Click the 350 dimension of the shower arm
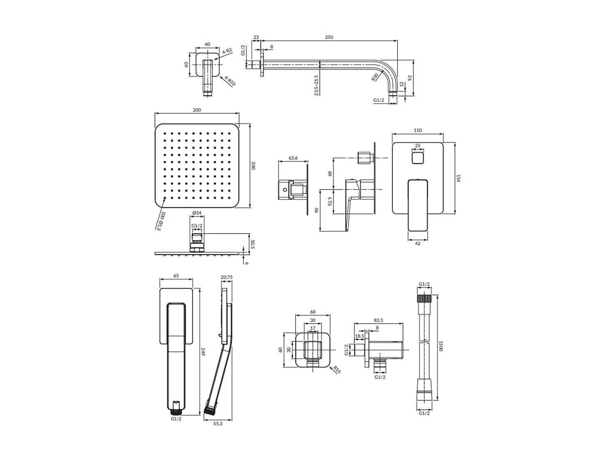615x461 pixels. [x=329, y=37]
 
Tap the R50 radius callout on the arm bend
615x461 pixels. [x=375, y=78]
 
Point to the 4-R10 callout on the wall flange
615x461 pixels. [x=230, y=81]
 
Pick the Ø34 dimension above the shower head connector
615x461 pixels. [x=197, y=213]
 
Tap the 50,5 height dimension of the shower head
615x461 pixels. [x=252, y=245]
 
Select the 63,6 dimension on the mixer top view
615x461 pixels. [x=293, y=158]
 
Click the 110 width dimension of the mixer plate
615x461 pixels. [x=417, y=130]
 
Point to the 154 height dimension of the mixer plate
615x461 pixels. [x=458, y=178]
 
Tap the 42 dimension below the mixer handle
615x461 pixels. [x=417, y=244]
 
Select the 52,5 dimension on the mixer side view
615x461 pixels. [x=330, y=201]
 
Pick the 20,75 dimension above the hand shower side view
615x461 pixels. [x=226, y=277]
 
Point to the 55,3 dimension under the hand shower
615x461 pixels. [x=218, y=423]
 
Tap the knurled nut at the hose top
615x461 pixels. [x=424, y=298]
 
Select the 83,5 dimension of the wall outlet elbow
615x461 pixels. [x=379, y=320]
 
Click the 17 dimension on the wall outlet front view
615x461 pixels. [x=313, y=328]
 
